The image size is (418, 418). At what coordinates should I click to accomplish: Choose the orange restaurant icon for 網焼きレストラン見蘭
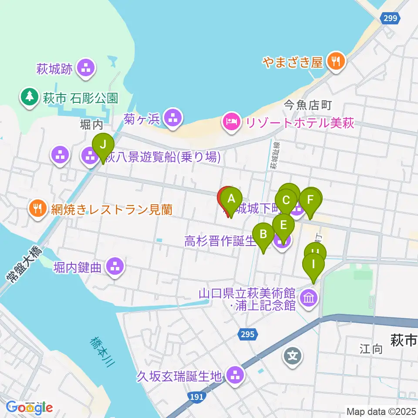tap(38, 209)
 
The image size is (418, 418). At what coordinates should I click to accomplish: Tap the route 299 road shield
tap(391, 18)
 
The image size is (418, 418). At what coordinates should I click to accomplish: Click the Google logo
tap(30, 408)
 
